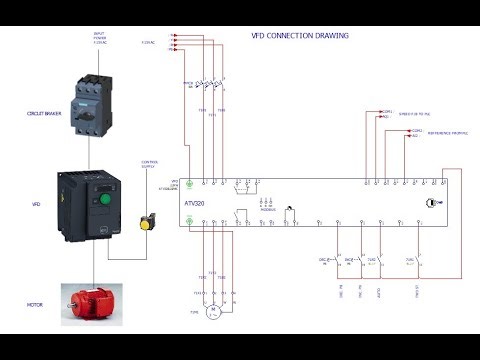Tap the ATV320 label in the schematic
pos(197,204)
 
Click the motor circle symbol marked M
pos(211,312)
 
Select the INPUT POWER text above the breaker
pos(98,37)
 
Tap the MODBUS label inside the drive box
pos(268,210)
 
